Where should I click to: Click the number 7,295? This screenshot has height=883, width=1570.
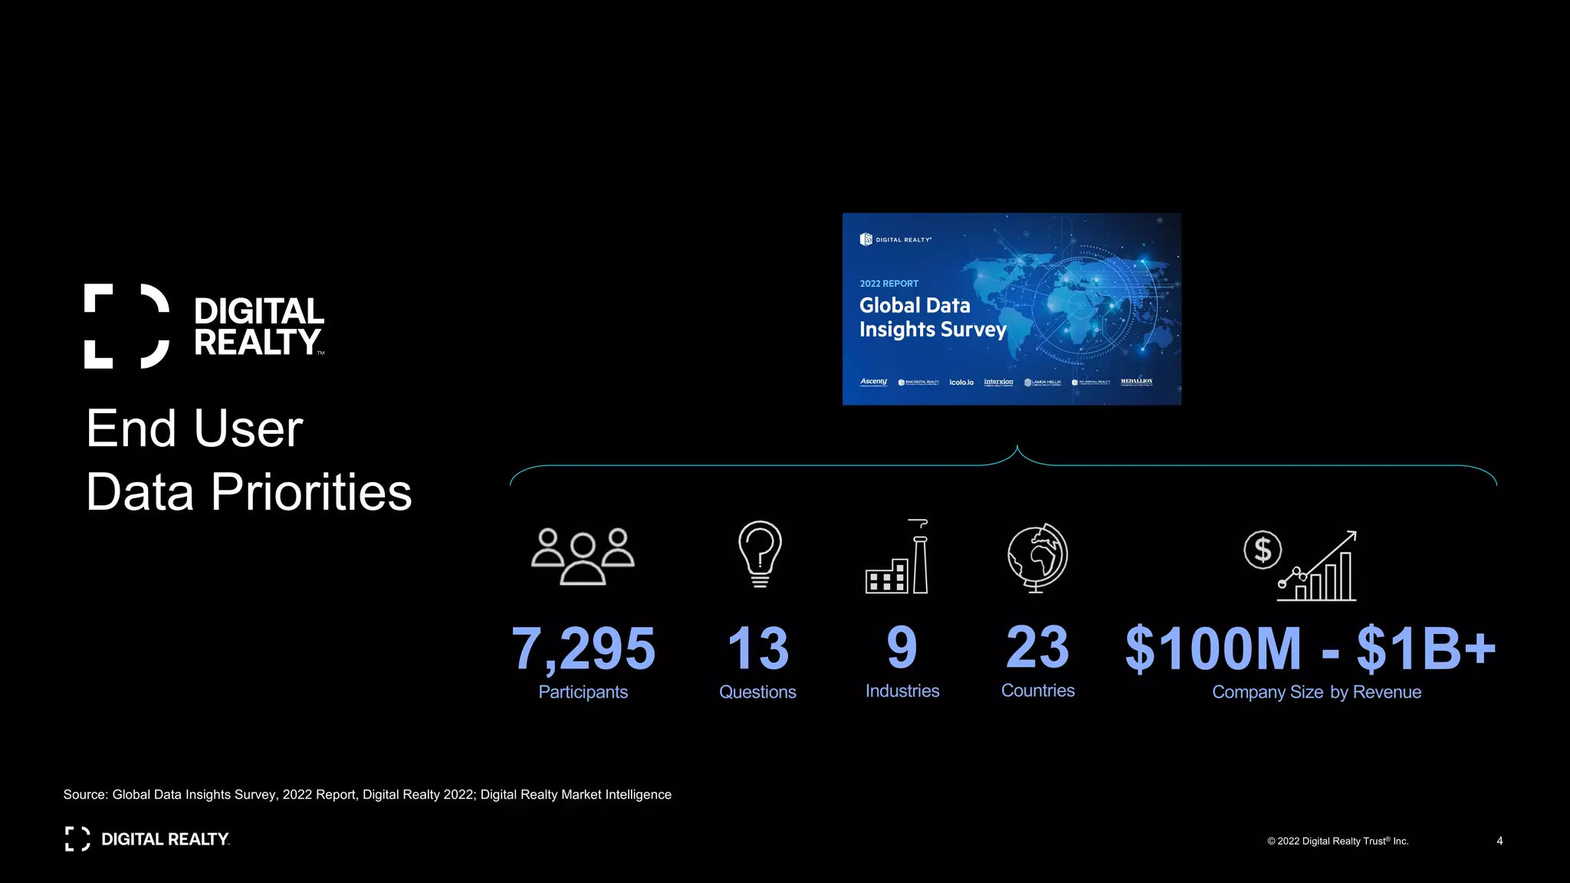pyautogui.click(x=583, y=648)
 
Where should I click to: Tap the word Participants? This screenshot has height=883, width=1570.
pyautogui.click(x=583, y=692)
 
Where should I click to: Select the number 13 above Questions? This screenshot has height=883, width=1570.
pyautogui.click(x=757, y=648)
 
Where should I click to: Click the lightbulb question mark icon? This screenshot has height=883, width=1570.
pyautogui.click(x=760, y=554)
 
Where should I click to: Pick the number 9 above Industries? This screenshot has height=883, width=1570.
pyautogui.click(x=902, y=648)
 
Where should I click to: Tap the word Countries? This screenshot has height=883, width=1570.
pyautogui.click(x=1037, y=691)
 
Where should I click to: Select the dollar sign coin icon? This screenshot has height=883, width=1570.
pyautogui.click(x=1262, y=550)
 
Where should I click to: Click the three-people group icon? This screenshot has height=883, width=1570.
pyautogui.click(x=583, y=556)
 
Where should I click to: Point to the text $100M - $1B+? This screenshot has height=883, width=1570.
pyautogui.click(x=1310, y=648)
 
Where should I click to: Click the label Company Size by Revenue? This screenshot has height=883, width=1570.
pyautogui.click(x=1316, y=692)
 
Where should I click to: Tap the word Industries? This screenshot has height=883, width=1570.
pyautogui.click(x=902, y=691)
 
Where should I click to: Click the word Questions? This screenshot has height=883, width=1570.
pyautogui.click(x=757, y=692)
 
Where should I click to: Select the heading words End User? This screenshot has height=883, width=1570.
pyautogui.click(x=195, y=428)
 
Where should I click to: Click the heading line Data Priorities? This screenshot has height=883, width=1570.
pyautogui.click(x=249, y=492)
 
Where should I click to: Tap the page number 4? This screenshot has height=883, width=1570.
pyautogui.click(x=1499, y=841)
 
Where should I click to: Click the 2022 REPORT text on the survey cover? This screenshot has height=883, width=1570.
pyautogui.click(x=888, y=284)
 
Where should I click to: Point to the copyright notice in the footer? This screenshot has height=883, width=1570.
pyautogui.click(x=1338, y=841)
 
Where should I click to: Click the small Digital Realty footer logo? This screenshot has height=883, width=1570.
pyautogui.click(x=147, y=839)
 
